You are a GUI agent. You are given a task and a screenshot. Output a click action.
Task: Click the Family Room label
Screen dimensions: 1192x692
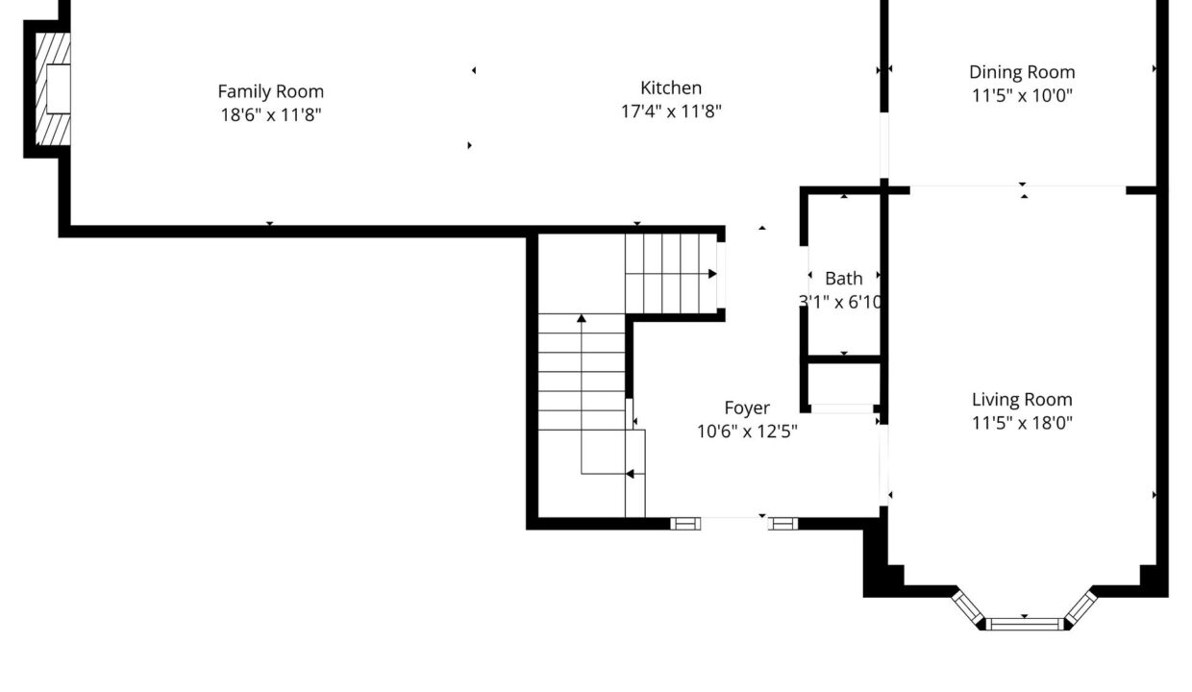tap(270, 91)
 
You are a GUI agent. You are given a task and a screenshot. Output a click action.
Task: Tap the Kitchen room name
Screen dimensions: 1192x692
tap(671, 87)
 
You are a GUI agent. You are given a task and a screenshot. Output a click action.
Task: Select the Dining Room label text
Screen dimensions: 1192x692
tap(1022, 72)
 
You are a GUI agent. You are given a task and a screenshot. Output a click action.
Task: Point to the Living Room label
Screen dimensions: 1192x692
tap(1022, 400)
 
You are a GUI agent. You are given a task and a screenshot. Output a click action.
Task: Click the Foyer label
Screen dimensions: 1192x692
tap(747, 408)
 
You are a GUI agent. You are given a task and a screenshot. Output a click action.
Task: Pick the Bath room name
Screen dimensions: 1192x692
tap(843, 278)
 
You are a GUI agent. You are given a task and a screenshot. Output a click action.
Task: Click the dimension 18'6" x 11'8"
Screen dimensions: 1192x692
tap(271, 115)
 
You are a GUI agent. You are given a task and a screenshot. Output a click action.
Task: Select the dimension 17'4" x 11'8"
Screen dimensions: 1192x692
tap(671, 111)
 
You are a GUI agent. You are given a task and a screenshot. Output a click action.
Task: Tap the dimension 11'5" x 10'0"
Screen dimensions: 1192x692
tap(1022, 96)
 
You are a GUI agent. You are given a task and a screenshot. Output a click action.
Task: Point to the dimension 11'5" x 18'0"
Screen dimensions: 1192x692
tap(1022, 423)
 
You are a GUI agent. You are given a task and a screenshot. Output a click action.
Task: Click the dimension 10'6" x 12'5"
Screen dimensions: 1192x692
tap(747, 432)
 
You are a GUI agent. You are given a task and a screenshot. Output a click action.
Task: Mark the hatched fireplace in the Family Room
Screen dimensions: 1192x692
tap(53, 88)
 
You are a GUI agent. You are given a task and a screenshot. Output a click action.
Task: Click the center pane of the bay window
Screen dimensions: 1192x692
tap(1025, 624)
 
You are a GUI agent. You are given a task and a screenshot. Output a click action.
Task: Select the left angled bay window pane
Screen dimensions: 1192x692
tap(968, 607)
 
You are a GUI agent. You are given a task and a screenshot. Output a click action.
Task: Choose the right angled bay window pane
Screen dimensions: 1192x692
tap(1080, 607)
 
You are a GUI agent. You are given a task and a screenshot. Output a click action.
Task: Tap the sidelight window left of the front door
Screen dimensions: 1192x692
tap(685, 524)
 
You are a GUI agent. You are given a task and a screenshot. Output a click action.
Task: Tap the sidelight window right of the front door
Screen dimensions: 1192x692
tap(782, 524)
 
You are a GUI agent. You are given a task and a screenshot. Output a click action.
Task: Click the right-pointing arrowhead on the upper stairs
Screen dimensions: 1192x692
tap(712, 274)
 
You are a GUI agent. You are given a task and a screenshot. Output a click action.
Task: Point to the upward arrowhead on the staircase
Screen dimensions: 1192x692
tap(581, 318)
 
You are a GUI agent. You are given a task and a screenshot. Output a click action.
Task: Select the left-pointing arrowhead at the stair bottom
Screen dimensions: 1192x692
tap(630, 474)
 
